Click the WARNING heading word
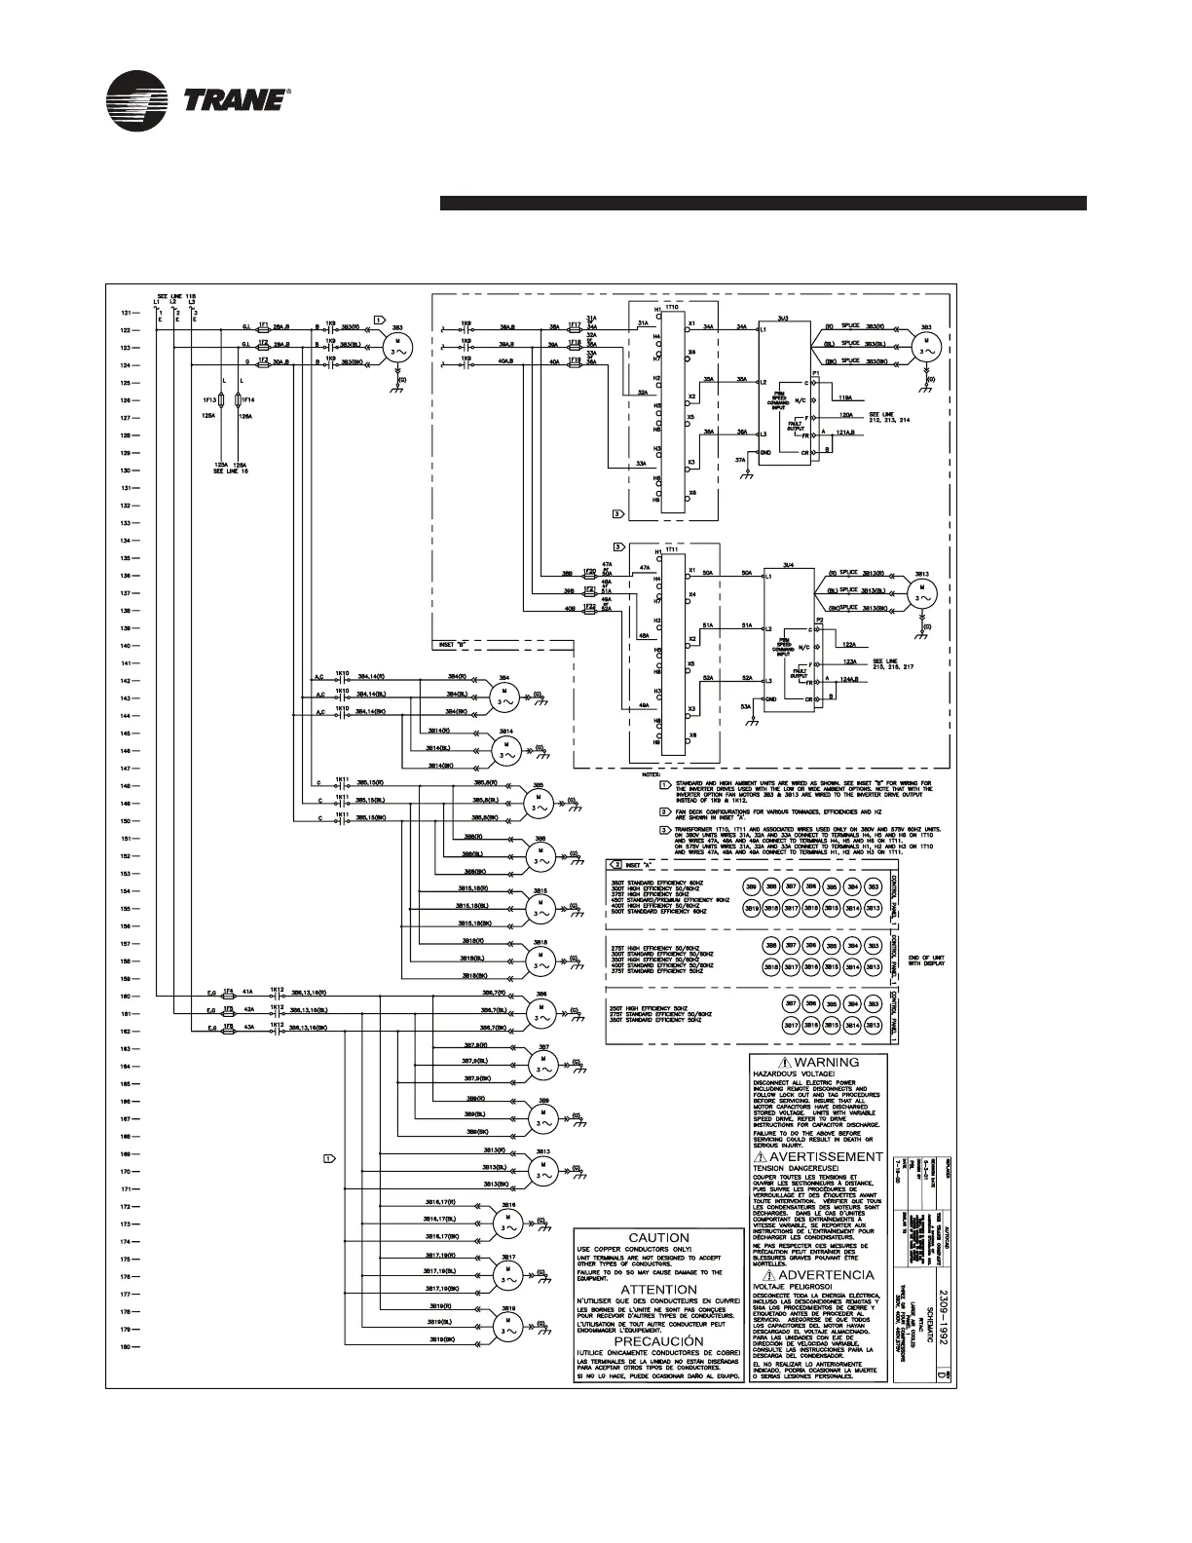tap(827, 1063)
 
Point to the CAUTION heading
tap(658, 1238)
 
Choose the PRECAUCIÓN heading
tap(658, 1341)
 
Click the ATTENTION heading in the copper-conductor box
tap(658, 1290)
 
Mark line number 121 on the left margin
tap(126, 314)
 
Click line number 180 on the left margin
tap(126, 1347)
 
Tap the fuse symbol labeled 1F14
tap(240, 400)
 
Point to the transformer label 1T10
tap(672, 306)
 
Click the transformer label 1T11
tap(672, 549)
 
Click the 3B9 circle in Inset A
tap(752, 887)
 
